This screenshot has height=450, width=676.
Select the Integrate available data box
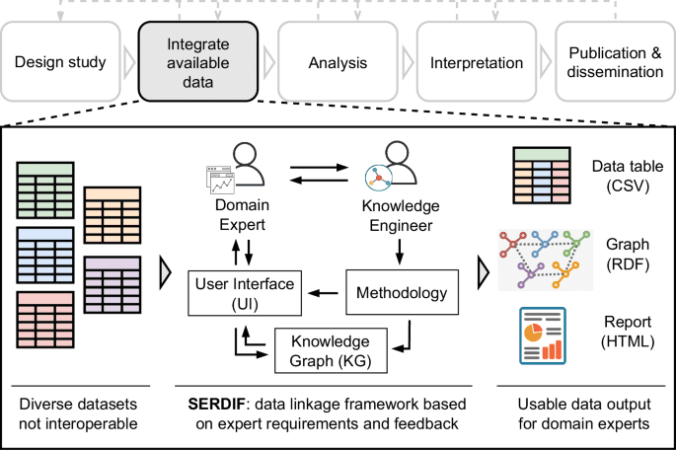pyautogui.click(x=197, y=63)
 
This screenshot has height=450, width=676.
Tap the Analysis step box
pyautogui.click(x=336, y=63)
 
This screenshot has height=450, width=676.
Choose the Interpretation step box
pyautogui.click(x=476, y=63)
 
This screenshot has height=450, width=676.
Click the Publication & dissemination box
pyautogui.click(x=614, y=63)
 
